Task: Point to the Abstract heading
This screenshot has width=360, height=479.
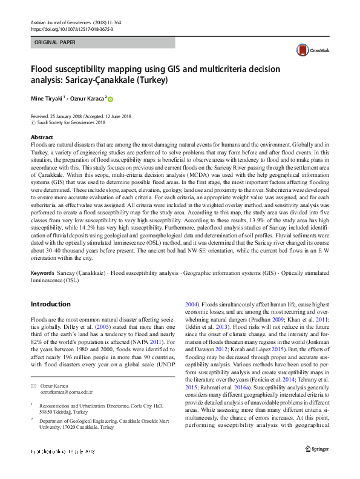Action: click(x=42, y=138)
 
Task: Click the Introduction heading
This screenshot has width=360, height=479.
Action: click(x=53, y=303)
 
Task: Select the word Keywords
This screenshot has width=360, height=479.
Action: click(x=44, y=273)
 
